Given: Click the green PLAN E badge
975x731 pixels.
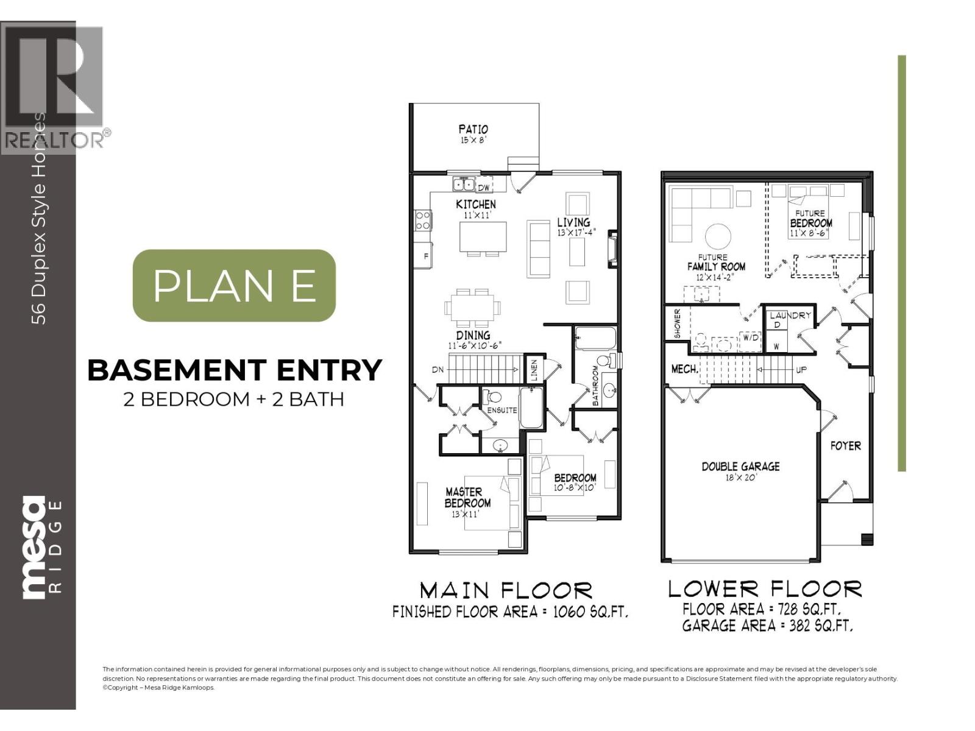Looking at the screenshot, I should point(234,285).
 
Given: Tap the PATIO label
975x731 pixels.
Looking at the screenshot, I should point(473,130).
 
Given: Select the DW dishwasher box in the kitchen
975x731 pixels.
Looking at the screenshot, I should point(484,187).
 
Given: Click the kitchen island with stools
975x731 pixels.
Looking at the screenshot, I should point(483,238).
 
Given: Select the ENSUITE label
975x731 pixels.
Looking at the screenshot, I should point(502,410).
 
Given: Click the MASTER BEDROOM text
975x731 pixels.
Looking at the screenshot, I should point(467,497).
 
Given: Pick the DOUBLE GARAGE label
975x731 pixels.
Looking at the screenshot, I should point(740,467).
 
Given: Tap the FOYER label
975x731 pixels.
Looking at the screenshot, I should point(845,446).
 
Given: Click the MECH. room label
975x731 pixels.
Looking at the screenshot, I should point(684,370).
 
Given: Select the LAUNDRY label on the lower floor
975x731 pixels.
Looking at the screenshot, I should point(790,316).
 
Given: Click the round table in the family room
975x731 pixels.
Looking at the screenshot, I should point(718,237).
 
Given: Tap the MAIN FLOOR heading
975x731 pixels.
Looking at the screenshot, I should point(506,590).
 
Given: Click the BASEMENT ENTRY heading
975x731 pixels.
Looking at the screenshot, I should point(235,370).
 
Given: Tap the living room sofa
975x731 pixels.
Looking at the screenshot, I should point(539,249).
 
